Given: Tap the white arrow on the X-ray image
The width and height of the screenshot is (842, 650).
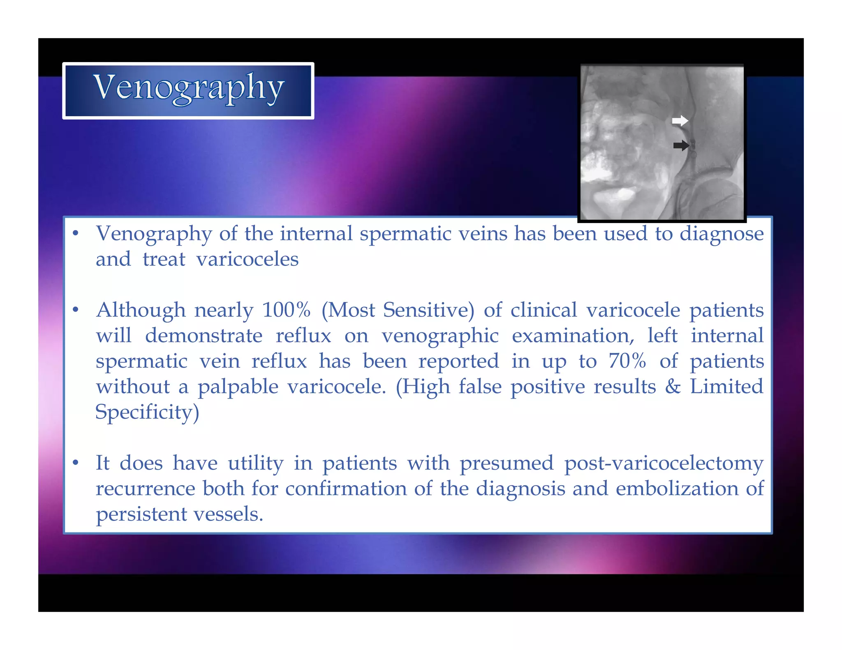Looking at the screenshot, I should click(680, 121).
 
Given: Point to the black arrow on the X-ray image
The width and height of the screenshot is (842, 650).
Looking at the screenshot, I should click(681, 145).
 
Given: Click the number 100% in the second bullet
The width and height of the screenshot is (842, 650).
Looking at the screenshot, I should click(286, 310).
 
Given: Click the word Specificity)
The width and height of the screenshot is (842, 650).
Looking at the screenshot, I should click(147, 412).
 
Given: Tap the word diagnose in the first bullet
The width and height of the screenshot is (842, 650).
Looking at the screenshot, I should click(722, 234).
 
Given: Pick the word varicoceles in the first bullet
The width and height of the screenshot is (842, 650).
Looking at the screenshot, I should click(247, 259).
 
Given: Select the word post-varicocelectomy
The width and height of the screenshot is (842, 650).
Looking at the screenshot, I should click(664, 463).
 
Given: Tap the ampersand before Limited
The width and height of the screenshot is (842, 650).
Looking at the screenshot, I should click(673, 387).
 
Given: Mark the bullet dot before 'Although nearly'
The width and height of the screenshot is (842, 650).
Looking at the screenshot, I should click(75, 310).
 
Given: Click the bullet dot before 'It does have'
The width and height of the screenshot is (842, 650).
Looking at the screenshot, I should click(75, 463).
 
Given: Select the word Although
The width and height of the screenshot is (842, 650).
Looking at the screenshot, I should click(141, 310).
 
